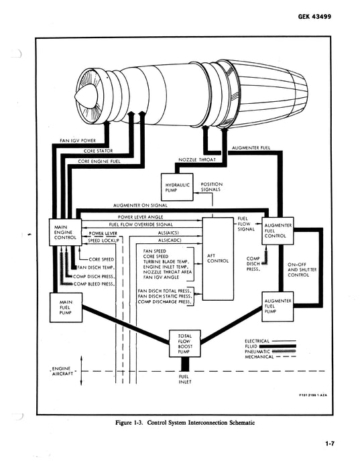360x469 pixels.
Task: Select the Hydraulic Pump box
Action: point(178,186)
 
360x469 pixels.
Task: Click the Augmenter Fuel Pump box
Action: point(277,306)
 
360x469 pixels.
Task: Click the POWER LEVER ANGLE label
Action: point(141,218)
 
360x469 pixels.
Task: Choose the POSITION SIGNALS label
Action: point(212,186)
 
